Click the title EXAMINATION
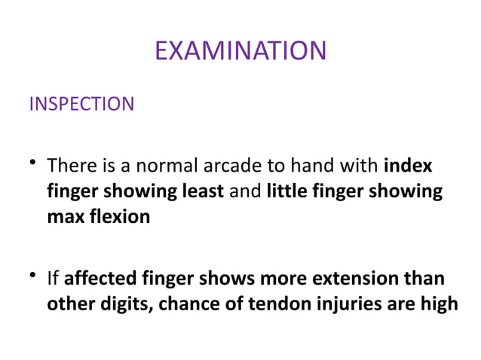click(240, 50)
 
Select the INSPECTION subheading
click(81, 104)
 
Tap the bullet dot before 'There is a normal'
click(34, 163)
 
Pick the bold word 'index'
click(408, 165)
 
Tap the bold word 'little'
click(288, 191)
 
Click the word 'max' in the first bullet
click(64, 218)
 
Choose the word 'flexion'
click(120, 218)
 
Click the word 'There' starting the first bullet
click(70, 165)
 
